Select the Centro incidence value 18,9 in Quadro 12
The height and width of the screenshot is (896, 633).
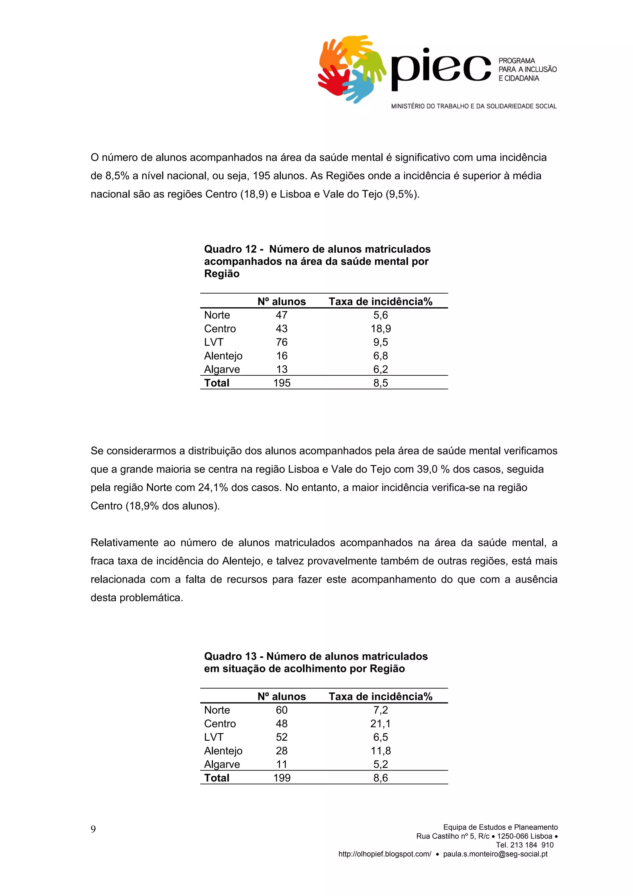[381, 329]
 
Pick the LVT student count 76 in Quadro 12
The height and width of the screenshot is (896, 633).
[282, 342]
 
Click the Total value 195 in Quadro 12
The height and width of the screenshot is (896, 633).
[282, 383]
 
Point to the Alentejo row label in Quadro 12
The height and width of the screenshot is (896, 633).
[223, 356]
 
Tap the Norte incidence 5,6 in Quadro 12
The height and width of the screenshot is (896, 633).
[381, 315]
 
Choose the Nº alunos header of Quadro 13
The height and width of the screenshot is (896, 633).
[282, 697]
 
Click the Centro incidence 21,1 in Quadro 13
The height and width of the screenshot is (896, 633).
[381, 723]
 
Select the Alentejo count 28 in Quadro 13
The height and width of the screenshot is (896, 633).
[282, 750]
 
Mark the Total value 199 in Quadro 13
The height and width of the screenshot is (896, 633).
[282, 778]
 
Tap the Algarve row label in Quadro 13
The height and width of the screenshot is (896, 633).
[222, 764]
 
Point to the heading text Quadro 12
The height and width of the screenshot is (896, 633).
[230, 249]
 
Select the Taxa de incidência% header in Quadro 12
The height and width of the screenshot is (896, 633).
[381, 302]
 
